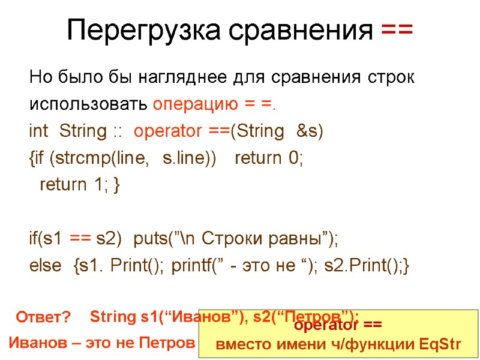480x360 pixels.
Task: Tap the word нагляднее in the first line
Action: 182,78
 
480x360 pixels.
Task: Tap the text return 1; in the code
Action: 74,185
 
